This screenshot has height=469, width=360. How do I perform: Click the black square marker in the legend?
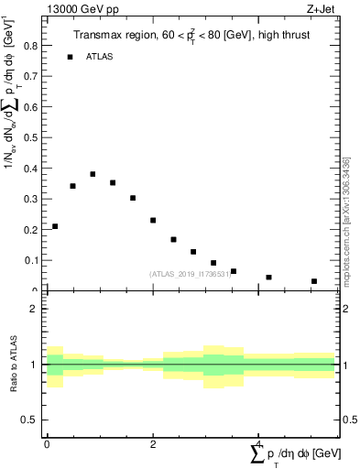tap(70, 57)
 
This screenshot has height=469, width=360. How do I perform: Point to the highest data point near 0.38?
tap(93, 174)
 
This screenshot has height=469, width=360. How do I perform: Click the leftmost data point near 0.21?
tap(55, 226)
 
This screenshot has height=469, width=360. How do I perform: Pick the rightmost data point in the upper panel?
tap(313, 281)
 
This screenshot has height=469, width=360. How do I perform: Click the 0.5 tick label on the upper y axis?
tap(30, 136)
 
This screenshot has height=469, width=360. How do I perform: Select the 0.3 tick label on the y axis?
tap(30, 199)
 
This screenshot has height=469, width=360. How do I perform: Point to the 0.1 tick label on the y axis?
tap(30, 260)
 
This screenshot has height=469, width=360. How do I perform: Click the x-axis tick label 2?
tap(153, 443)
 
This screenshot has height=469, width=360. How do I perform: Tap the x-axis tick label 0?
tap(47, 443)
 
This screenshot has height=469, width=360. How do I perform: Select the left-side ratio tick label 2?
tap(34, 310)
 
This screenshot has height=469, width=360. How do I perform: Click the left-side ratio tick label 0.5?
tap(30, 420)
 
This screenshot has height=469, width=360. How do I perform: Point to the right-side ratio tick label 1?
tap(347, 365)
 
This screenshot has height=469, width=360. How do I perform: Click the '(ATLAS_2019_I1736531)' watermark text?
tap(189, 273)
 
